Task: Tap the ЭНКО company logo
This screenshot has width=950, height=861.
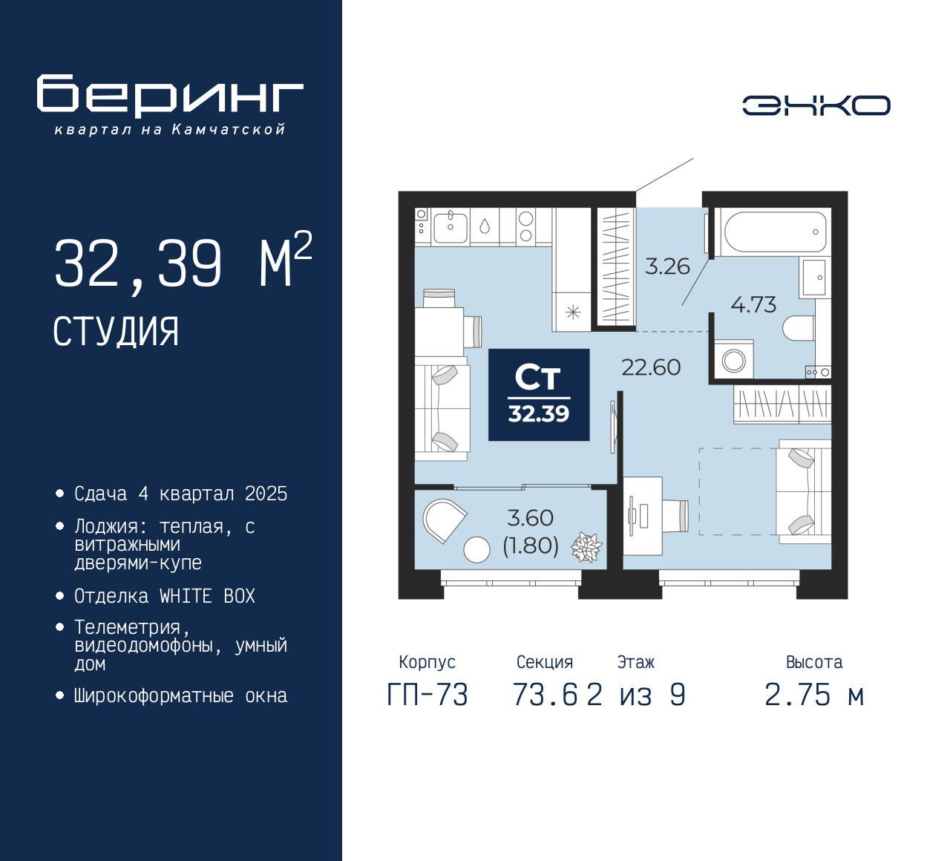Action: point(816,105)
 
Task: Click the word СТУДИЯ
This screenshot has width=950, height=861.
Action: point(116,332)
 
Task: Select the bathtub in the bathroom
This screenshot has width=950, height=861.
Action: point(773,232)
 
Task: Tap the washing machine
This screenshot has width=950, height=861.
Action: point(733,359)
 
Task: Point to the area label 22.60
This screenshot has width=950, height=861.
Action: point(651,367)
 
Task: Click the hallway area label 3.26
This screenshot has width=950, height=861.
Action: point(668,266)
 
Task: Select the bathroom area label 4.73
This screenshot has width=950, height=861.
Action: point(753,304)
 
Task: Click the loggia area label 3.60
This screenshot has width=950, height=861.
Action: point(531,517)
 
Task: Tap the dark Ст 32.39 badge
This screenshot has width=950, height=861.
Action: point(539,395)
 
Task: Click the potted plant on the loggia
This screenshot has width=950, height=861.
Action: point(586,548)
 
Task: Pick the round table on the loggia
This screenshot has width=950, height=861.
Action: point(476,549)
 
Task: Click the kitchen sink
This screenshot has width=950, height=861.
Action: point(450,227)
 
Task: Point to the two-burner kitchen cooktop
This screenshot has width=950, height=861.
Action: point(525,227)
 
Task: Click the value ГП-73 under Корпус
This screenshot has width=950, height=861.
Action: point(427,695)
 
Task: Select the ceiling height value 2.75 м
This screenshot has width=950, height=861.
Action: point(814,695)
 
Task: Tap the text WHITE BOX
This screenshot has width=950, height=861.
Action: point(207,596)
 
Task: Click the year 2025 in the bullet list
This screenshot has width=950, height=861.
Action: point(266,494)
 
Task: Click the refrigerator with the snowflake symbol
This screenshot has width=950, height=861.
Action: point(573,312)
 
